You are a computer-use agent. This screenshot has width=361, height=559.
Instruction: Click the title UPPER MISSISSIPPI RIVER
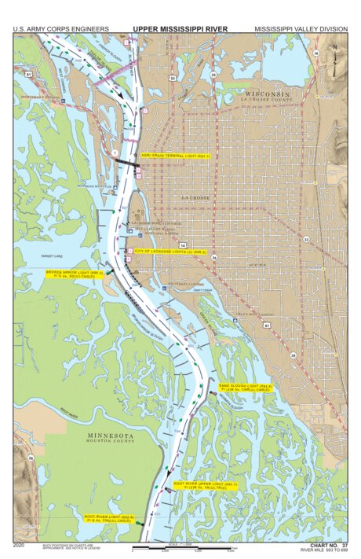180,29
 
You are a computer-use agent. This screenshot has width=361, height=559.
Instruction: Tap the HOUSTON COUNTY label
110,442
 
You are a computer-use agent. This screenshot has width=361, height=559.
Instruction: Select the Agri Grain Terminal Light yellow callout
176,156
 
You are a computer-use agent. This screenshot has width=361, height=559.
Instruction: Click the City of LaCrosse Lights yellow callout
170,252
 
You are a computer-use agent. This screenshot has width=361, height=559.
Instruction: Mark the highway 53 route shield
172,79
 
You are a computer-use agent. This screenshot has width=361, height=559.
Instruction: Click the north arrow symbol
336,55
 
